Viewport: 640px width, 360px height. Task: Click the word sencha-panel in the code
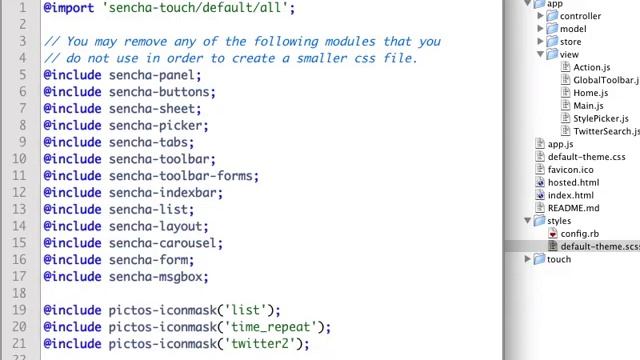click(x=154, y=75)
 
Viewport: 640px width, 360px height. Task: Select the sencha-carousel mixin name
click(x=165, y=243)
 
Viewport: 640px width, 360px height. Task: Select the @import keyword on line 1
click(x=68, y=8)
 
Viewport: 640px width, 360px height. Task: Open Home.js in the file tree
click(x=590, y=93)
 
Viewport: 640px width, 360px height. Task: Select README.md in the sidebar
click(x=573, y=208)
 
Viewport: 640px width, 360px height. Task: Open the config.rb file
click(x=579, y=234)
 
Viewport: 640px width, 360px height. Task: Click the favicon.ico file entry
click(x=570, y=170)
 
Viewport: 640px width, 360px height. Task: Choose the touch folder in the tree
click(x=559, y=259)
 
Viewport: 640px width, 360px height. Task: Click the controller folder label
click(x=580, y=16)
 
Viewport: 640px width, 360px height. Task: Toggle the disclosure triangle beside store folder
click(x=541, y=42)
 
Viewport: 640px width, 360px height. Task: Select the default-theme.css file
click(x=586, y=157)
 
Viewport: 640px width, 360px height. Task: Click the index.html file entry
click(x=570, y=195)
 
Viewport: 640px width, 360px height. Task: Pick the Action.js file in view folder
click(x=591, y=68)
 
